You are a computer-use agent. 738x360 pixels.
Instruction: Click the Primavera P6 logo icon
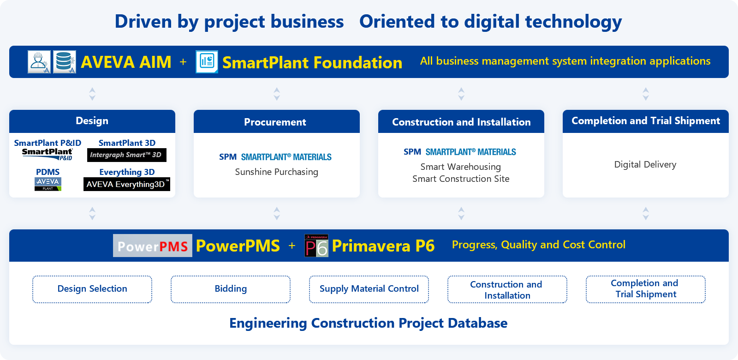(x=316, y=245)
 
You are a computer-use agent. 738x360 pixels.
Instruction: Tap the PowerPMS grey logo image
(x=153, y=246)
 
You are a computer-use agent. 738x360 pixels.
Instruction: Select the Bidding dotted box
(x=231, y=289)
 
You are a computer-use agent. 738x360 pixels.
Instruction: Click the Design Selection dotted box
(x=92, y=289)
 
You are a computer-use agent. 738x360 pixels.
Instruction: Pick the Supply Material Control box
(x=369, y=289)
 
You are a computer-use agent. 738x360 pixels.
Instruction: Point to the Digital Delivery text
(x=645, y=164)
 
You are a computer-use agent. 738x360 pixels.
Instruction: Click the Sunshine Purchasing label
(x=276, y=172)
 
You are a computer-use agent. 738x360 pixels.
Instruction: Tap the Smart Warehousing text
(x=461, y=167)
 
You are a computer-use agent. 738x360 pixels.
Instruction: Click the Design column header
(x=92, y=121)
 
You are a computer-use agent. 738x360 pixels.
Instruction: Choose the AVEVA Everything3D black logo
(x=127, y=184)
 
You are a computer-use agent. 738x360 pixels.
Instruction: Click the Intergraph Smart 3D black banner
(x=127, y=155)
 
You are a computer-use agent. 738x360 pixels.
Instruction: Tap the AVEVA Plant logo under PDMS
(x=48, y=184)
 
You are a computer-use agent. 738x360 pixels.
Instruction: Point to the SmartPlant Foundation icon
(x=207, y=62)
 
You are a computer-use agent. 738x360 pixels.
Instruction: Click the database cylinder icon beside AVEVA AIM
(x=65, y=62)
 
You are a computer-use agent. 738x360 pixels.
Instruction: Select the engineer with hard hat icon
(x=39, y=62)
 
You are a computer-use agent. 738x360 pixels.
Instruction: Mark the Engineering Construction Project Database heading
(x=369, y=323)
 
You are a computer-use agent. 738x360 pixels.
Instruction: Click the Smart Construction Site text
(x=461, y=179)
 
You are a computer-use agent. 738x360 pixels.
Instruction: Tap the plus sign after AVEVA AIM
(x=183, y=62)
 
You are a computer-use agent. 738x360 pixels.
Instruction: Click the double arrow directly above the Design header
(x=92, y=94)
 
